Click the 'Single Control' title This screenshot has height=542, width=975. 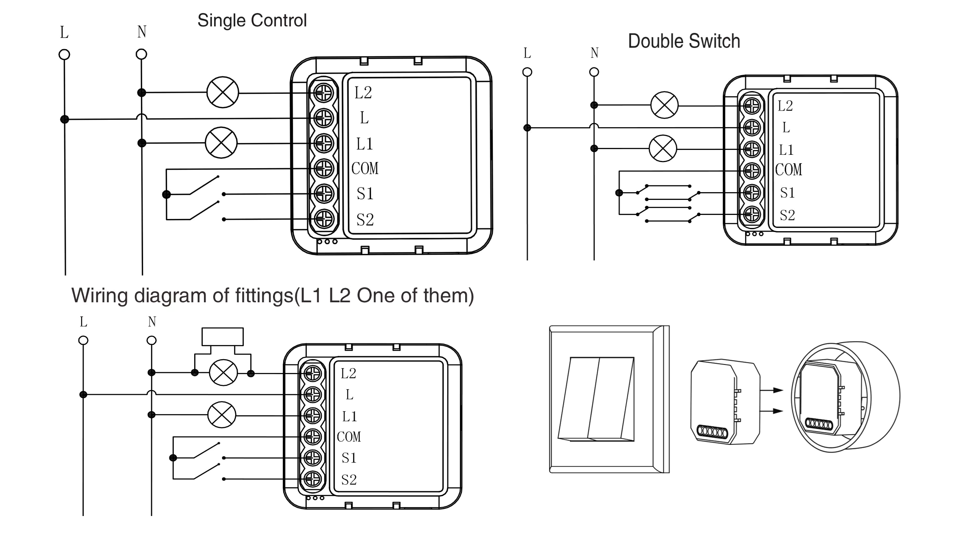(x=252, y=20)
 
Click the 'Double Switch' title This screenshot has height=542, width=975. (x=684, y=41)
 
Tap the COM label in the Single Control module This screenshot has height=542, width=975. (x=365, y=168)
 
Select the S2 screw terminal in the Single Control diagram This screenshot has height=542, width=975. (x=324, y=219)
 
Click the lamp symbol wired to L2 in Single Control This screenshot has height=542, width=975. (x=223, y=92)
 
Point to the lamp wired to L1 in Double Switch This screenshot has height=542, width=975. (x=663, y=148)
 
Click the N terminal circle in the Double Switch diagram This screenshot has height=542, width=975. (x=594, y=72)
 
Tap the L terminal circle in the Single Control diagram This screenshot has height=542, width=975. (x=64, y=54)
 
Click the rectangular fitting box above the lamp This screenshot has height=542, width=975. (x=223, y=336)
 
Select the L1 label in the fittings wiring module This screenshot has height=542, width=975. (x=349, y=416)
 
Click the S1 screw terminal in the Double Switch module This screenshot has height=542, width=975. (x=752, y=193)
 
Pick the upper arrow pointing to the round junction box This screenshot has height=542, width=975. (x=772, y=390)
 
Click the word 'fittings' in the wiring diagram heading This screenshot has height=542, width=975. (x=264, y=295)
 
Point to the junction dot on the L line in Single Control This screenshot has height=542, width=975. (x=65, y=119)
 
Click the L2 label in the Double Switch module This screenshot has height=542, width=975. (x=785, y=106)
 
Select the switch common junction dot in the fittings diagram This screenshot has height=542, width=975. (x=173, y=458)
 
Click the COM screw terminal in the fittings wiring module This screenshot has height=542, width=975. (x=313, y=437)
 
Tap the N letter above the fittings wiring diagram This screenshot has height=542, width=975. (x=152, y=322)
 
